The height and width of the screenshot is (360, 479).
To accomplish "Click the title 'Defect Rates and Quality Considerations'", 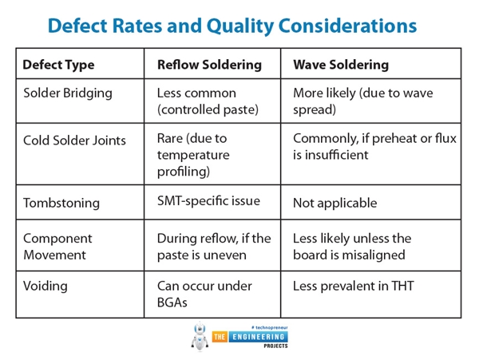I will pyautogui.click(x=232, y=25).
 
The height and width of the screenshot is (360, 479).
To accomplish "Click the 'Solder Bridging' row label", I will pyautogui.click(x=68, y=93).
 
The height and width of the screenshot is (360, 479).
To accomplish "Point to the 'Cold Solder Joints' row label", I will pyautogui.click(x=74, y=140).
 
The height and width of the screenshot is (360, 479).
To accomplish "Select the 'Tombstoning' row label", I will pyautogui.click(x=61, y=203).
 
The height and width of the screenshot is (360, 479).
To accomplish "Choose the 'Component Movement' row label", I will pyautogui.click(x=57, y=247).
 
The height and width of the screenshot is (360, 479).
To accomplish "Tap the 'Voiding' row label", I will pyautogui.click(x=46, y=286).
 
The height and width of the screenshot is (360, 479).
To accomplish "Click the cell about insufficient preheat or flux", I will pyautogui.click(x=374, y=147).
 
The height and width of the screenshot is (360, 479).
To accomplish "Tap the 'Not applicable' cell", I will pyautogui.click(x=335, y=203).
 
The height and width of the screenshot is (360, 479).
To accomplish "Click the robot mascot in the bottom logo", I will pyautogui.click(x=200, y=336).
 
